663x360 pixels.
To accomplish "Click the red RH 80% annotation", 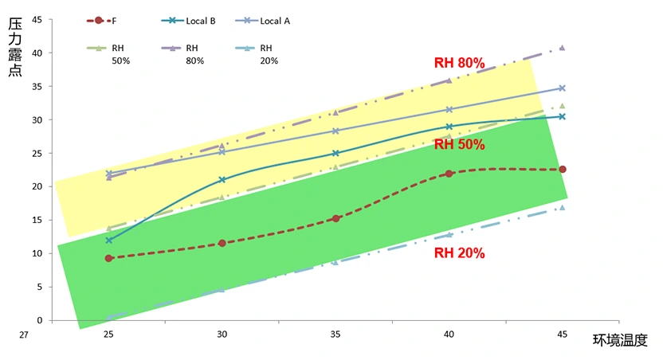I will tap(459, 62).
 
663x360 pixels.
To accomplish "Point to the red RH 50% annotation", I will tap(459, 144).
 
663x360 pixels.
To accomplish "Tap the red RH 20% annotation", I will tap(459, 253).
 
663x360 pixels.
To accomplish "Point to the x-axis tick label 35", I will tap(335, 335).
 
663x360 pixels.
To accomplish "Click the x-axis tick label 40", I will tap(449, 335).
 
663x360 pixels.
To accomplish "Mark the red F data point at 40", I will tap(449, 174).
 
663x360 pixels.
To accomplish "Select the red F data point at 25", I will tap(109, 258).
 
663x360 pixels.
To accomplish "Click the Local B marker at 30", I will tap(222, 180).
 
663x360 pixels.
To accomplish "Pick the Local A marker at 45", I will tap(562, 88).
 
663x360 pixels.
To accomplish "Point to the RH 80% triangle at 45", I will tap(562, 48).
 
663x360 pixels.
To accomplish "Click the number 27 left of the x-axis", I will tap(24, 335).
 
